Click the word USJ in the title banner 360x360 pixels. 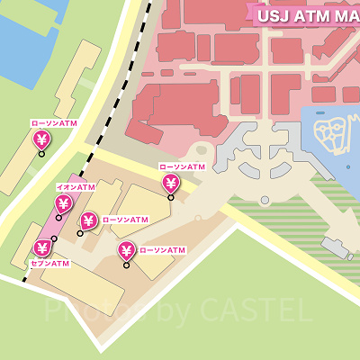(273, 15)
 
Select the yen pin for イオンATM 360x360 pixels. (63, 204)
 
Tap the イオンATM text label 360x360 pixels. (76, 187)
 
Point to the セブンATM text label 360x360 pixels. (49, 264)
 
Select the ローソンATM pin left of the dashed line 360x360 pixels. (40, 140)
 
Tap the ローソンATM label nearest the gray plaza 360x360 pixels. (183, 167)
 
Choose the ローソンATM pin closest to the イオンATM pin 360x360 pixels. (88, 220)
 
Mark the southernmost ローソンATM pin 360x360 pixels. (126, 251)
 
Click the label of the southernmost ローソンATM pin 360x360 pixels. (163, 250)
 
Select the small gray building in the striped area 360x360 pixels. (338, 247)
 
